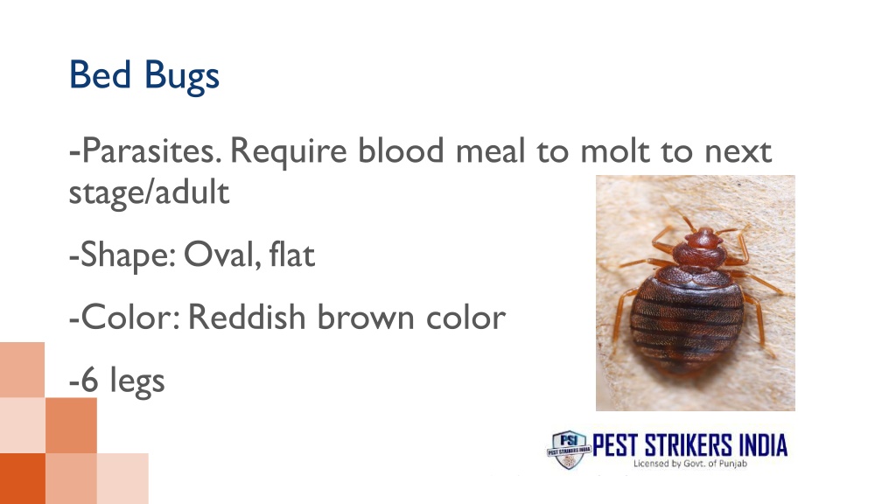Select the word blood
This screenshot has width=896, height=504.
[402, 153]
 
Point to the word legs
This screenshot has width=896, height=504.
[137, 381]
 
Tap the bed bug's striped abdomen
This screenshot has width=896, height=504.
[697, 319]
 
